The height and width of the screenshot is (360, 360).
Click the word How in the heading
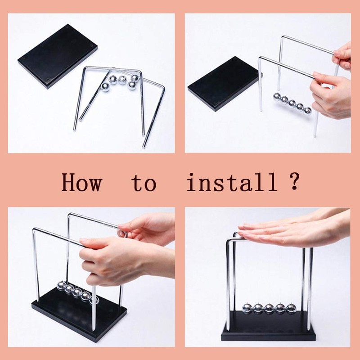click(x=81, y=183)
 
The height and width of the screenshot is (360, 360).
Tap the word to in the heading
click(x=144, y=183)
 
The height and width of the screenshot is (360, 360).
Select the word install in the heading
click(x=232, y=182)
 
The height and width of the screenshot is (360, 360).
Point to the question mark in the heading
click(x=293, y=181)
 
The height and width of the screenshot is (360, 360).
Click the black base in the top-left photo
click(x=58, y=56)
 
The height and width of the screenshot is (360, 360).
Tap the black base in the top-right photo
click(x=224, y=84)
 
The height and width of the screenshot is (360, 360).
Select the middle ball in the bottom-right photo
click(x=269, y=309)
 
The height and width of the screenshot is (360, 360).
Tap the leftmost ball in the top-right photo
click(x=277, y=97)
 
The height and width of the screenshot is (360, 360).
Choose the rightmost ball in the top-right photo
click(x=308, y=111)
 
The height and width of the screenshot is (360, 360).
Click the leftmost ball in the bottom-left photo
click(x=62, y=286)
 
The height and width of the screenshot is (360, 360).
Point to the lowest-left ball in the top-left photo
click(x=105, y=87)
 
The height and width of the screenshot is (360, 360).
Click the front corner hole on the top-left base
click(x=48, y=80)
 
